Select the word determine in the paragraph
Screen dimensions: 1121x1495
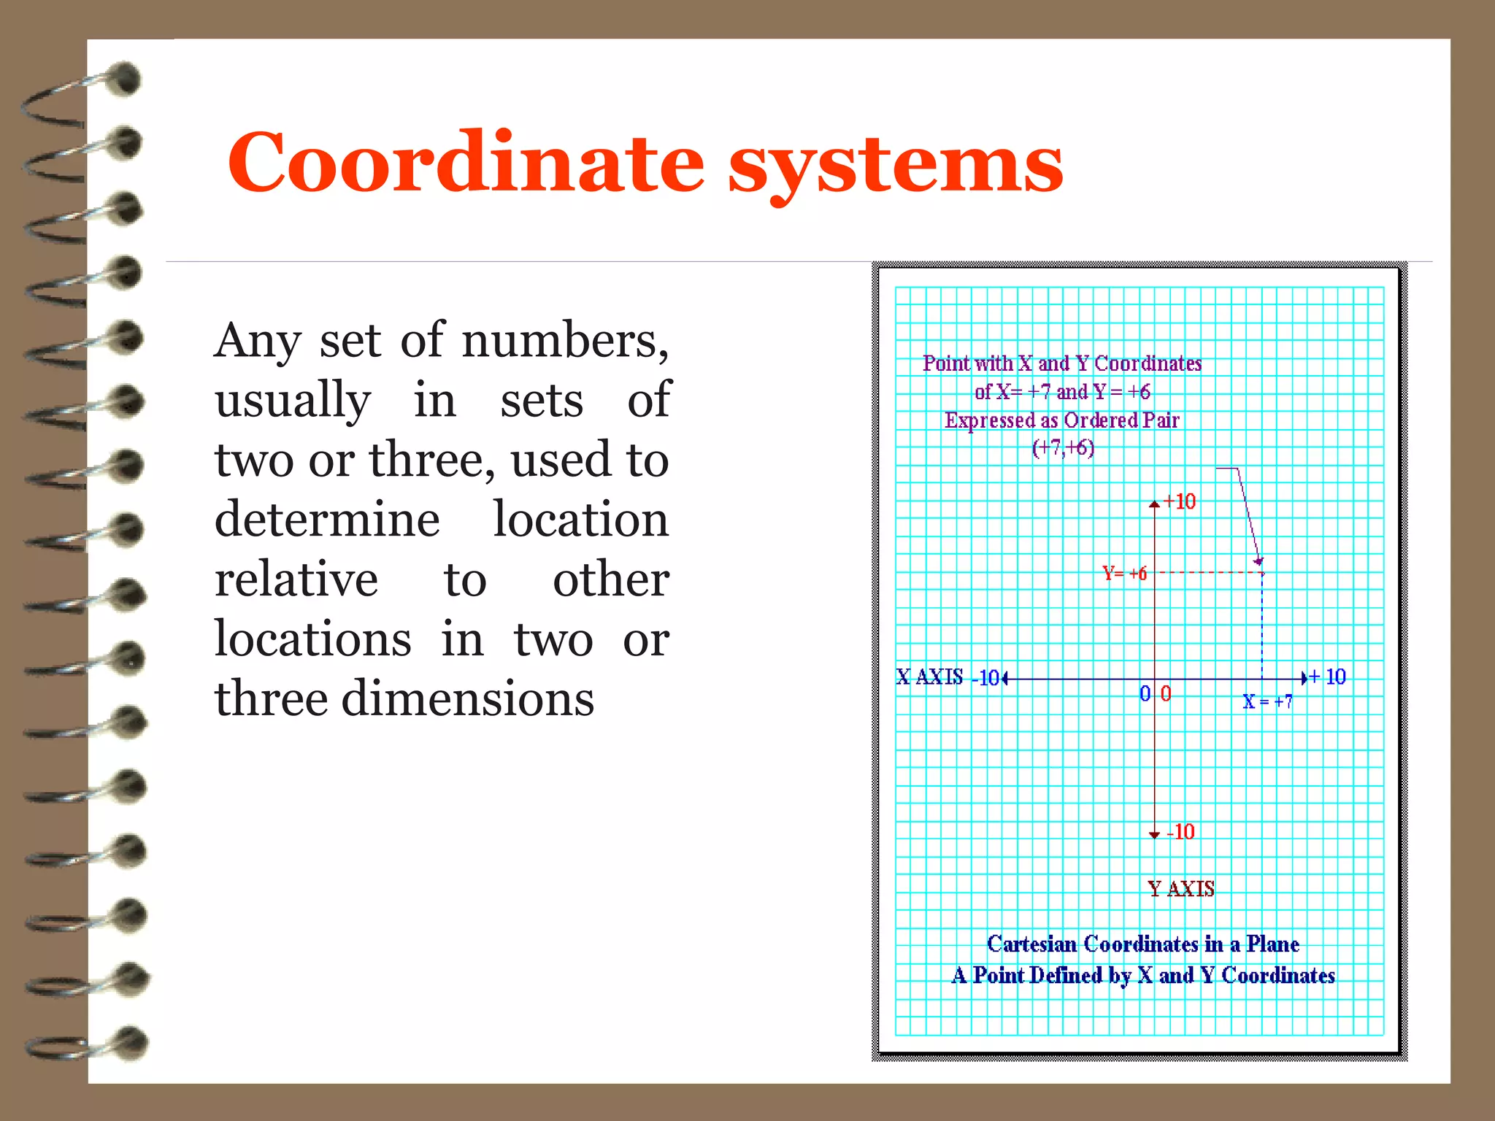(327, 520)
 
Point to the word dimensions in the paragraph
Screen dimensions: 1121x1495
(467, 699)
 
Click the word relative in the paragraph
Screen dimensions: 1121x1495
(296, 580)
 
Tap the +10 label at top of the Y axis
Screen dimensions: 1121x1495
(1180, 501)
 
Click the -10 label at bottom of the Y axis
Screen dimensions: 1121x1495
(1180, 832)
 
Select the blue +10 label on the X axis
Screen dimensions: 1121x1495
(1328, 677)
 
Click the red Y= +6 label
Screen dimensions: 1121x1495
(1124, 574)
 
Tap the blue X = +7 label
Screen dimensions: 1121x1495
(1267, 701)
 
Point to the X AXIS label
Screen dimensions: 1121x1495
(929, 677)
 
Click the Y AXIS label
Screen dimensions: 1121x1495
(1180, 889)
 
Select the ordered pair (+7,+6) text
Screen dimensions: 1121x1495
(1063, 447)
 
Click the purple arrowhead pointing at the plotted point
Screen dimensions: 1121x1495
(1258, 560)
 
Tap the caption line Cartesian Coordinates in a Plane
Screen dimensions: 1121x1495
(1142, 944)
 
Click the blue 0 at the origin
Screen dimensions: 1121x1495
(1145, 693)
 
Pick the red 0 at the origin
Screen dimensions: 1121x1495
(1166, 693)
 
